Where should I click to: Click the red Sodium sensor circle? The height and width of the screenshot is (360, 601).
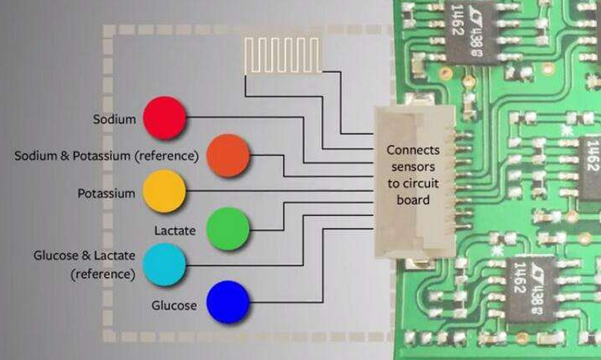165,118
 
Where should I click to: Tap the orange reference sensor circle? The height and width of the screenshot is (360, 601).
228,155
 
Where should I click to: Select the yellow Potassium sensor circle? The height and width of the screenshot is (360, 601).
164,191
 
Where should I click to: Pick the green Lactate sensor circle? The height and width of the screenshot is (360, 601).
228,229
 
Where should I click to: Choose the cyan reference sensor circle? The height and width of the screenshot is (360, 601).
164,264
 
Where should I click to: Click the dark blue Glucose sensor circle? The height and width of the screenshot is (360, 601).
228,302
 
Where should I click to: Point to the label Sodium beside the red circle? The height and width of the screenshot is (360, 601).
114,119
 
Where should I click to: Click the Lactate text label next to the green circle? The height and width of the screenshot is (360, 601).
174,230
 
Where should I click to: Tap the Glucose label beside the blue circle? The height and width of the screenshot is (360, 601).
174,306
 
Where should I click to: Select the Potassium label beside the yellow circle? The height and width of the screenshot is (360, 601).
106,193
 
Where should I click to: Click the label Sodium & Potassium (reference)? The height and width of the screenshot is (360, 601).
107,156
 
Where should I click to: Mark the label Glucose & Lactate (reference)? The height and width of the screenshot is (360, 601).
85,265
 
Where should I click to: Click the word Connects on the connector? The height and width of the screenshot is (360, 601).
413,150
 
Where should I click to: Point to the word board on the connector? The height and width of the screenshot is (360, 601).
413,200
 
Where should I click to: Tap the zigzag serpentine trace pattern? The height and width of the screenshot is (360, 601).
282,55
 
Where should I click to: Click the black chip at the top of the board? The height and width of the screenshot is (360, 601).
471,31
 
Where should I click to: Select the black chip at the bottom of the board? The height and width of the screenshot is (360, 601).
532,291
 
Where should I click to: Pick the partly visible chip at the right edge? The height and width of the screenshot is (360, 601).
591,168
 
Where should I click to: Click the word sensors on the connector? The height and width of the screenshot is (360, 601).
413,167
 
